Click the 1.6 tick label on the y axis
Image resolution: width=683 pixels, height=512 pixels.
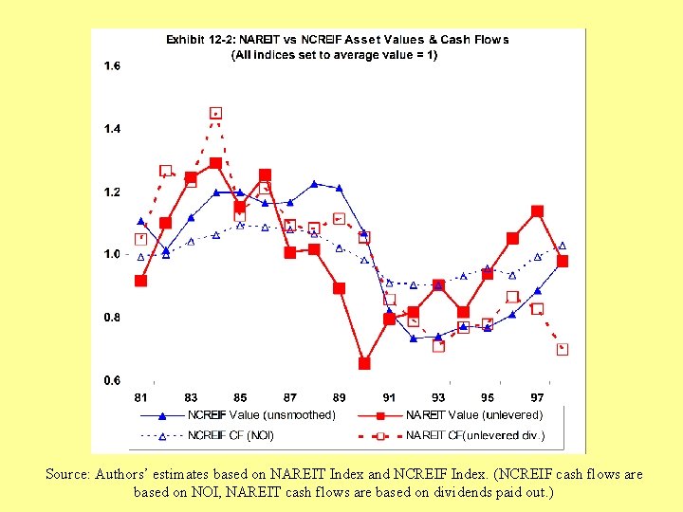(x=112, y=66)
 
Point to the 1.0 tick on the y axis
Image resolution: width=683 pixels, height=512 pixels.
(x=112, y=254)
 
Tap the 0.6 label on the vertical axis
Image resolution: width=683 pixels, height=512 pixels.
(x=112, y=380)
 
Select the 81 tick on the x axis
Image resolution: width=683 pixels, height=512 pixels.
(x=140, y=397)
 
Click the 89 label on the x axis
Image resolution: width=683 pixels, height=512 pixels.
(x=339, y=397)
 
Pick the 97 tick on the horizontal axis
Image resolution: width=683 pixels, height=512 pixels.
(x=537, y=397)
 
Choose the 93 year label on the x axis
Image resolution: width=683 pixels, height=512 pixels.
(x=438, y=397)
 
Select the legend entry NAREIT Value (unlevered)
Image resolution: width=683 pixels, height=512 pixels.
(x=473, y=414)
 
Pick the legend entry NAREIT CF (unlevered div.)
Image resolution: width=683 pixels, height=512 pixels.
(x=475, y=436)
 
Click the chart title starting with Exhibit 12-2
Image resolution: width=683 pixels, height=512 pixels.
(x=338, y=40)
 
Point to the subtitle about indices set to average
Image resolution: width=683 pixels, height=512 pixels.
(x=335, y=55)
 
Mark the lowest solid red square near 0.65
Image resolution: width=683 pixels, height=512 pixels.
(x=364, y=363)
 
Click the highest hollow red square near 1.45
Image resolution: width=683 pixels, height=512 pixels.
(x=216, y=114)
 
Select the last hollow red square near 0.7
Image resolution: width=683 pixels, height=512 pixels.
(x=563, y=349)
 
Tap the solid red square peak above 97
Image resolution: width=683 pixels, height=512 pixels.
(x=537, y=211)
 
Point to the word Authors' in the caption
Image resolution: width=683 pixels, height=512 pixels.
(x=124, y=474)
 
